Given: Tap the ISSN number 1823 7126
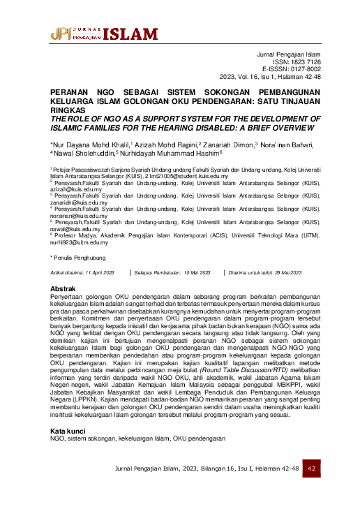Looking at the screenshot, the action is click(304, 62).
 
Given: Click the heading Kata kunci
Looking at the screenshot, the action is click(68, 412).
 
